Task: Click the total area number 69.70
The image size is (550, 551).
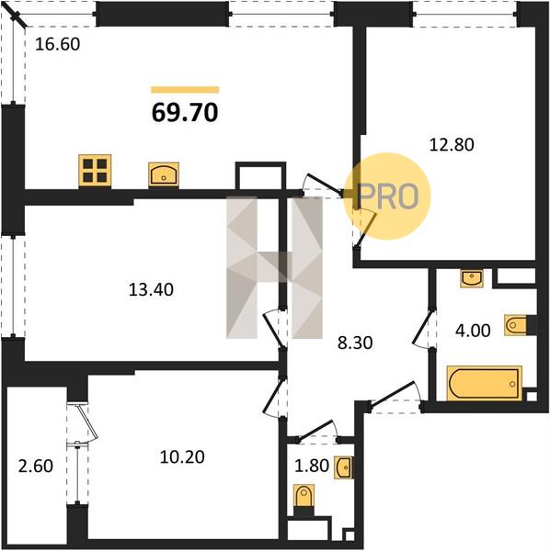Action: tap(185, 113)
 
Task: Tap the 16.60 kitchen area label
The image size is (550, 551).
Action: tap(58, 44)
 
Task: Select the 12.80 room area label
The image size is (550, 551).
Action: tap(452, 145)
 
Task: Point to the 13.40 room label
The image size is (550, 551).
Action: tap(151, 290)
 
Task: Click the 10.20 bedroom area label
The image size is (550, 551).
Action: tap(182, 457)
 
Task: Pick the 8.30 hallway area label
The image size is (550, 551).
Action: tap(355, 343)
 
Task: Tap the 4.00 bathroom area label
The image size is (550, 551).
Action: tap(473, 331)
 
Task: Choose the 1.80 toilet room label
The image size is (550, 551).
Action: tap(312, 466)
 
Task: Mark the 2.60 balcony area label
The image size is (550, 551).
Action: tap(36, 466)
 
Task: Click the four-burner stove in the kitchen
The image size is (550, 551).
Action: tap(95, 171)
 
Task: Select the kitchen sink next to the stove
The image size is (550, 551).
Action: tap(164, 174)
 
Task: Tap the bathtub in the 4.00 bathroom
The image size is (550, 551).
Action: tap(484, 383)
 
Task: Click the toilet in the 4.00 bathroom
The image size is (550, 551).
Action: tap(516, 325)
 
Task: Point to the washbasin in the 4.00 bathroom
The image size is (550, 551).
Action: tap(472, 278)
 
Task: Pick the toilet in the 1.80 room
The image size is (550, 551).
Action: tap(304, 496)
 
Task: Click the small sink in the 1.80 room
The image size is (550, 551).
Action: tap(344, 467)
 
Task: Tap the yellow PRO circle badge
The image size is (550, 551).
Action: tap(387, 197)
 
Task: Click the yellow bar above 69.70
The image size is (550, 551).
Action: tap(185, 90)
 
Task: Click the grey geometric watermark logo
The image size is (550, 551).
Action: tap(274, 267)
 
